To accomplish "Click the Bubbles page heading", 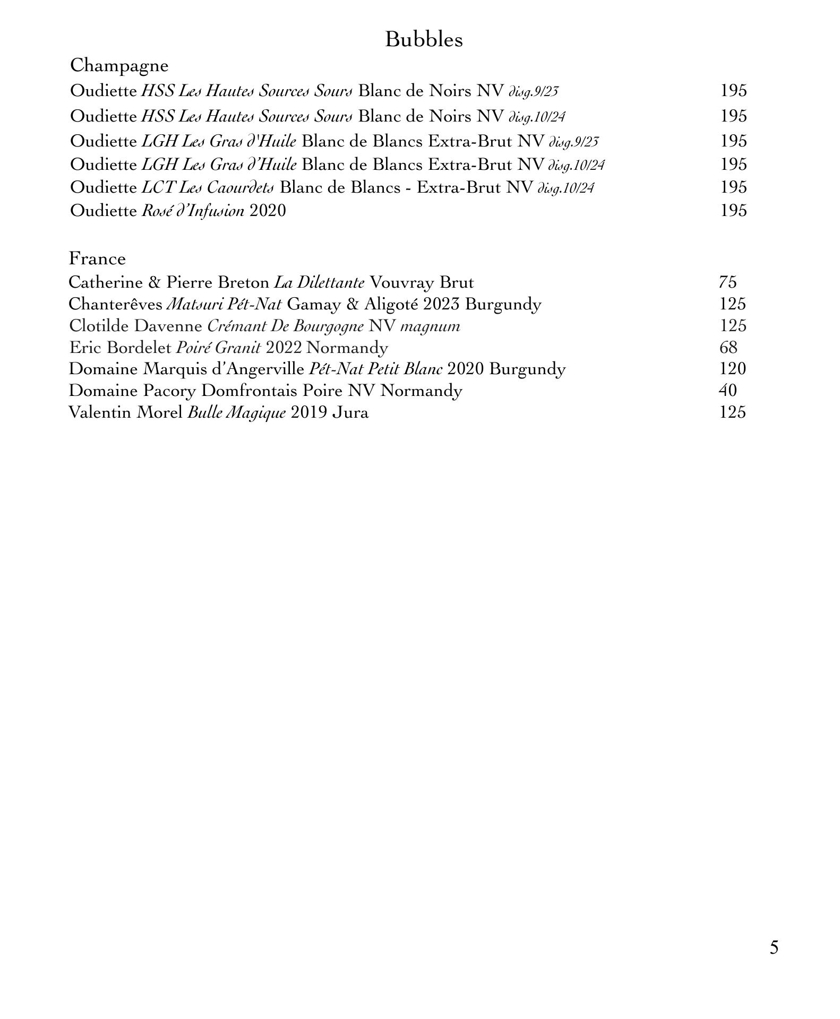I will pyautogui.click(x=423, y=40).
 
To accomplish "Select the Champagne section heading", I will pyautogui.click(x=119, y=66).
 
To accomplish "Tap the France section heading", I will pyautogui.click(x=97, y=258).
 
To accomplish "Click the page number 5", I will pyautogui.click(x=774, y=947).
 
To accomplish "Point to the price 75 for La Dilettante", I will pyautogui.click(x=727, y=282).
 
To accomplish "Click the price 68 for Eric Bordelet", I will pyautogui.click(x=728, y=348).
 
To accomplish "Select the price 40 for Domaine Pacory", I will pyautogui.click(x=727, y=391).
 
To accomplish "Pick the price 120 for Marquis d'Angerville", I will pyautogui.click(x=732, y=369).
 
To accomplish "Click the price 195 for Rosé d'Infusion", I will pyautogui.click(x=733, y=211).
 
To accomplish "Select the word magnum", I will pyautogui.click(x=430, y=326).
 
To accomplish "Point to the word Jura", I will pyautogui.click(x=350, y=412).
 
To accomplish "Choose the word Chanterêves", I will pyautogui.click(x=115, y=304).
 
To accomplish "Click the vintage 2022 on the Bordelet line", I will pyautogui.click(x=284, y=348).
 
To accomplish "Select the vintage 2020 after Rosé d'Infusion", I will pyautogui.click(x=268, y=211).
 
